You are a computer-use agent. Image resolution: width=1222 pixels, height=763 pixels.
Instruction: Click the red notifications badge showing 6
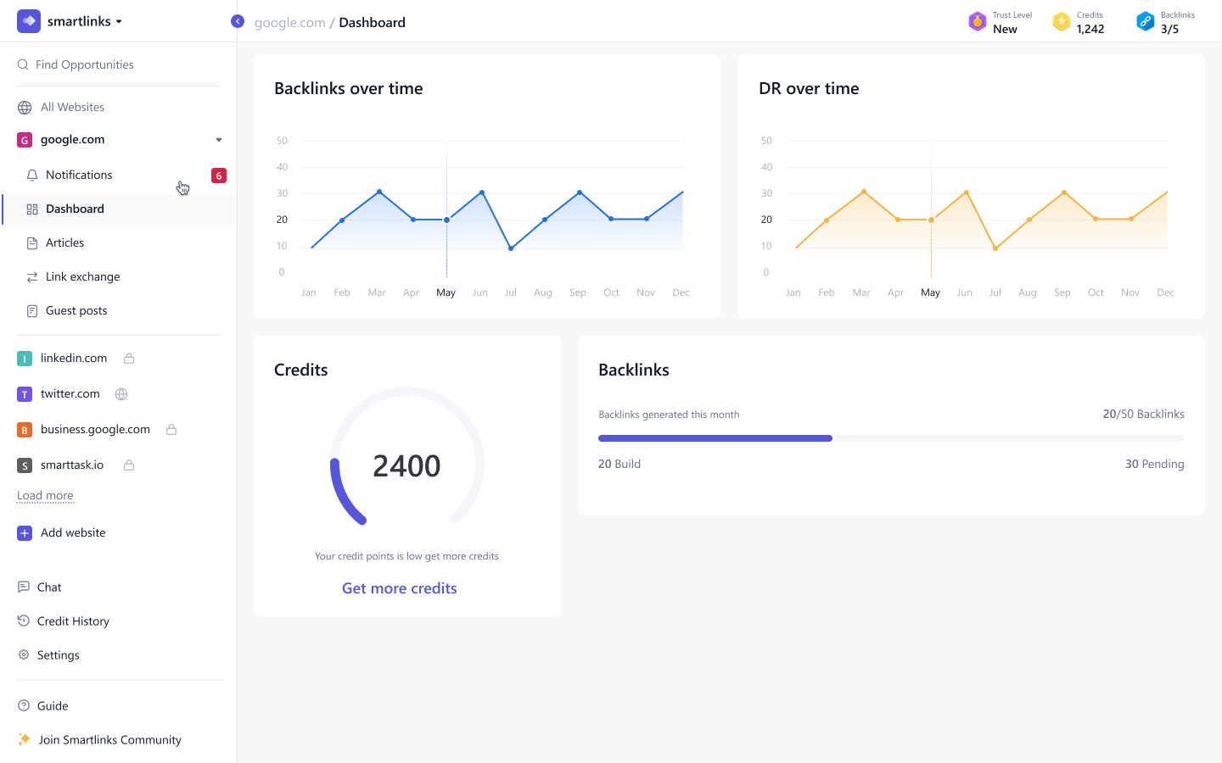219,175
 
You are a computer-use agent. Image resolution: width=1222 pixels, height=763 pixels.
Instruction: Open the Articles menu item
64,243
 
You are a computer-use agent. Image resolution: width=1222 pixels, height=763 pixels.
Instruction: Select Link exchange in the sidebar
82,277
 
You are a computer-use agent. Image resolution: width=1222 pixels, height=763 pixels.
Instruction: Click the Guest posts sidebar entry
76,311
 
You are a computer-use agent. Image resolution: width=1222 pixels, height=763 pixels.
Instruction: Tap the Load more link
45,496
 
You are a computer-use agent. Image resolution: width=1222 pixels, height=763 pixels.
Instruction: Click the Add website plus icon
25,533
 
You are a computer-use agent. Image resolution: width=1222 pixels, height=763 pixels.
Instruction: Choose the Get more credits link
399,588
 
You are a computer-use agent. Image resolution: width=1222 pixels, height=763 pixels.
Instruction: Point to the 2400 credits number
406,466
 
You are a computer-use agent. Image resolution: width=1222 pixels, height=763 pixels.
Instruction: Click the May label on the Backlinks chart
446,292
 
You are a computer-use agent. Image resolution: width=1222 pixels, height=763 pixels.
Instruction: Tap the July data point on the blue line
511,248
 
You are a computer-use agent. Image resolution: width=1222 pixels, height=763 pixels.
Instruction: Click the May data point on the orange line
931,220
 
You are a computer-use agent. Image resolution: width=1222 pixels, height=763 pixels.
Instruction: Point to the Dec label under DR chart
1165,292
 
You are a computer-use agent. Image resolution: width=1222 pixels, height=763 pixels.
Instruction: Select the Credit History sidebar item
73,621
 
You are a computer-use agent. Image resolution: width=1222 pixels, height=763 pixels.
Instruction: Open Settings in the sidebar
58,655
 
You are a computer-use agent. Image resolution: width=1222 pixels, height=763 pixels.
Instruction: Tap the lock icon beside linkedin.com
129,359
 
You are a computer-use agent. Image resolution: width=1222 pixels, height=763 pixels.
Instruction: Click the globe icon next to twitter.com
121,394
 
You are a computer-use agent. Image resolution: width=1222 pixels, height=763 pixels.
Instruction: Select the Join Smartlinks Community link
109,740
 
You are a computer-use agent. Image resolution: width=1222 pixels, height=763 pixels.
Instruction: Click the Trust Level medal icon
978,21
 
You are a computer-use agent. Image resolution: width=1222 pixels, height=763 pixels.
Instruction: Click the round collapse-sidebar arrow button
238,21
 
